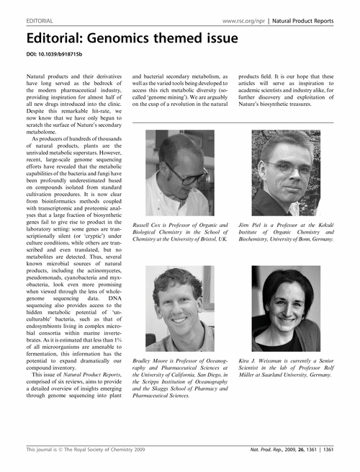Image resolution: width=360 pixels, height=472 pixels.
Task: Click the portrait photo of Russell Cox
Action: click(175, 174)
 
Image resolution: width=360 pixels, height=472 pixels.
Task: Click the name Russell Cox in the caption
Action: click(151, 226)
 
